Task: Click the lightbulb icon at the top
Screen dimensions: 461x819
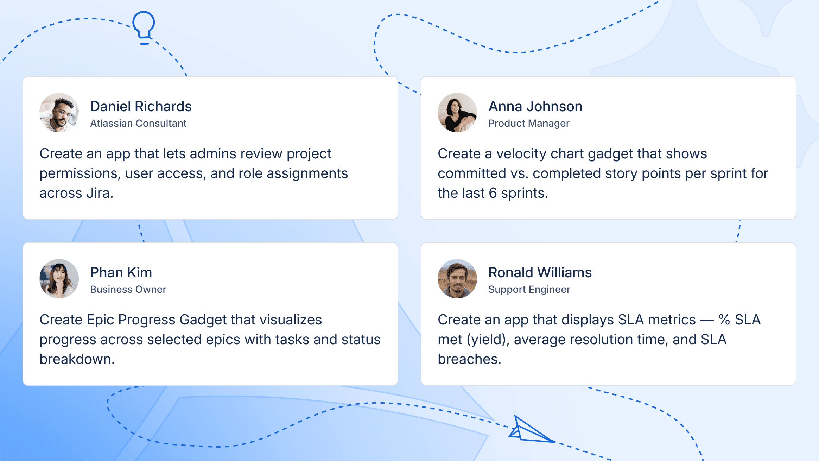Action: (144, 27)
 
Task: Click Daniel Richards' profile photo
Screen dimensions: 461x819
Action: (59, 113)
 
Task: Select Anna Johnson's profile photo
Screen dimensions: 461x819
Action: (457, 113)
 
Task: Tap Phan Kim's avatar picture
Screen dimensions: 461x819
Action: (59, 279)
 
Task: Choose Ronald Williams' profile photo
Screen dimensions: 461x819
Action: (457, 279)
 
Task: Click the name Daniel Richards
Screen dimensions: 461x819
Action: (141, 106)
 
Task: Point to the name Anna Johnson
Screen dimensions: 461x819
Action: (535, 106)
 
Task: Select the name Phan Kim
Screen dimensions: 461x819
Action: (121, 272)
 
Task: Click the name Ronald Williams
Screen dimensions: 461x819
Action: (540, 272)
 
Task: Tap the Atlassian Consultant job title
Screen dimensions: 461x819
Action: (138, 123)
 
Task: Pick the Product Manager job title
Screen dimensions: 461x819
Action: (528, 123)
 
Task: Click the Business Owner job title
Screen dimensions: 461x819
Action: (128, 289)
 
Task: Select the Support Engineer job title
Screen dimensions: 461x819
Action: (529, 289)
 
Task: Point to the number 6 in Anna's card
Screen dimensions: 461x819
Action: (493, 193)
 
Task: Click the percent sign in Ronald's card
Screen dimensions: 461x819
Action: (724, 320)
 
